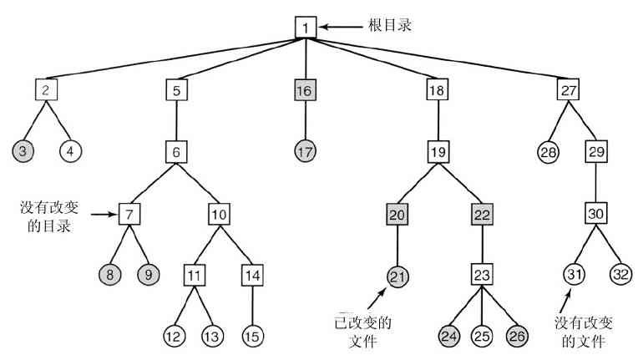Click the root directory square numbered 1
(x=306, y=28)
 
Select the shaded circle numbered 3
(x=22, y=151)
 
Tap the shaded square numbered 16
(x=306, y=89)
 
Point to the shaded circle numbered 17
(x=306, y=152)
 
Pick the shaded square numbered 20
(x=398, y=214)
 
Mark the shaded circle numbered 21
(x=398, y=276)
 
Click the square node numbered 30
(x=595, y=214)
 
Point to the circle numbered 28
(x=548, y=152)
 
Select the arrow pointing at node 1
(x=339, y=28)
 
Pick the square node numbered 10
(x=219, y=214)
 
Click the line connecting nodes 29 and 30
(x=595, y=183)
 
